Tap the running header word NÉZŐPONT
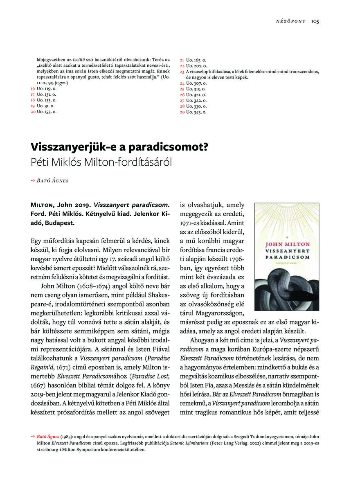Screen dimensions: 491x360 point(291,21)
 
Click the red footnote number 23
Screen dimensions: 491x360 point(182,72)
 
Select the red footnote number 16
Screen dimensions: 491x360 point(32,88)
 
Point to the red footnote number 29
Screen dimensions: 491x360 point(182,112)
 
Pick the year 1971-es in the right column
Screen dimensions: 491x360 point(194,224)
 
